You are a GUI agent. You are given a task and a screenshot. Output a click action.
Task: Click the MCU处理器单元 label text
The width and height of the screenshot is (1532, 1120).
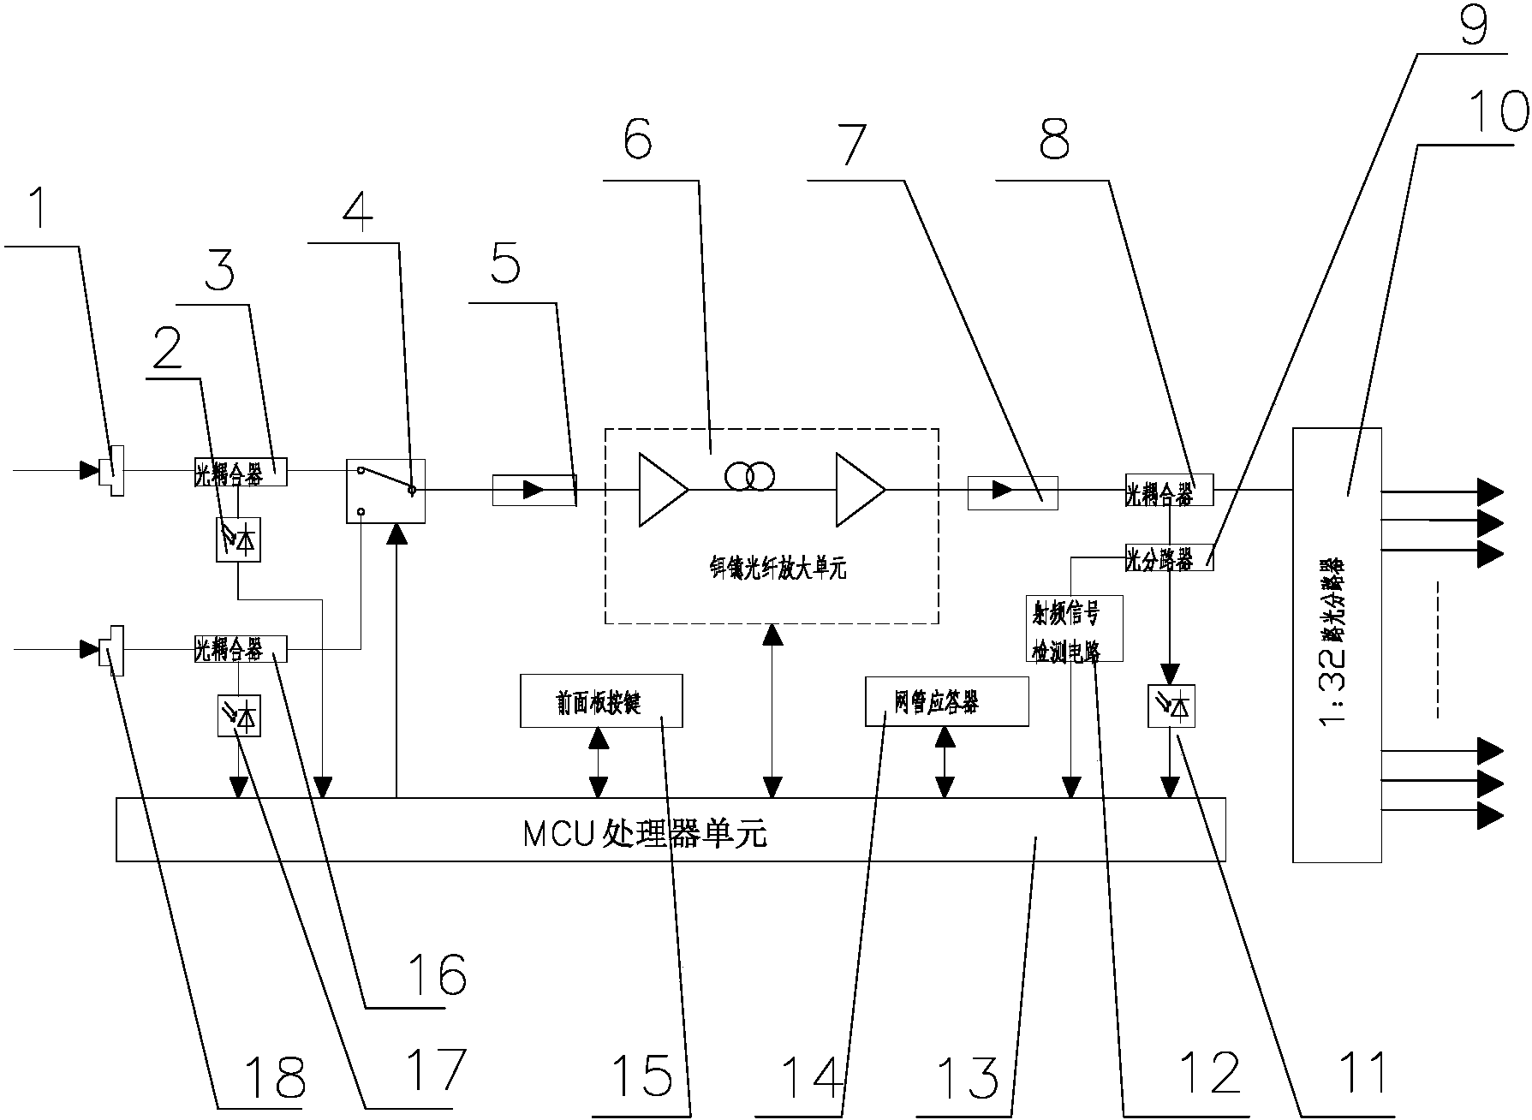coord(644,832)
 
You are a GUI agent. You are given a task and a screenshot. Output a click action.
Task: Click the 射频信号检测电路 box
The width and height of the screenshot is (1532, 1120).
coord(1072,629)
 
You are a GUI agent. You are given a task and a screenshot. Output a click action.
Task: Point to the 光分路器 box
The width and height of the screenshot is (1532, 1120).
coord(1168,559)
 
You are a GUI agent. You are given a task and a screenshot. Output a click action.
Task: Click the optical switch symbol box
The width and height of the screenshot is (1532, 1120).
coord(385,491)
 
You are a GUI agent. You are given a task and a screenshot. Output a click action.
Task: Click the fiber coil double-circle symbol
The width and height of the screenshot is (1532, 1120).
coord(749,476)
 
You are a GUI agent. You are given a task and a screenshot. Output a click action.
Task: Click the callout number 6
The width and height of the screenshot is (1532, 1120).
coord(636,140)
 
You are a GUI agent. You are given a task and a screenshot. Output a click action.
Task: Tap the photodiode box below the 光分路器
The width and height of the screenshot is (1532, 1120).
coord(1171,707)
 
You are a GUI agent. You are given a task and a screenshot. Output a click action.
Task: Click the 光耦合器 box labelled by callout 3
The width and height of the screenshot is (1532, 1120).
coord(239,472)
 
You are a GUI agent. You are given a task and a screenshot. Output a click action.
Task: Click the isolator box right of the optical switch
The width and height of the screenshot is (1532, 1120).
coord(534,490)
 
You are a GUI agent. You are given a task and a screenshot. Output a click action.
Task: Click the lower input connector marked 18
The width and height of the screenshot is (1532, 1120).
coord(111,650)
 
